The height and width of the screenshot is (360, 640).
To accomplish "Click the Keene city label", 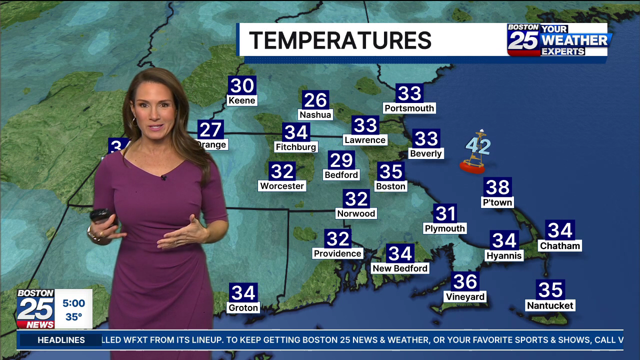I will pos(242,100).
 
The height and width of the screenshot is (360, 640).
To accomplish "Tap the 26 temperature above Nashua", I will pos(315,100).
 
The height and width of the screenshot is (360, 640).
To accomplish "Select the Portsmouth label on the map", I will pos(409,108).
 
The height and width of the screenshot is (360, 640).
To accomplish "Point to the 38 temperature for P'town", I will pos(497,187).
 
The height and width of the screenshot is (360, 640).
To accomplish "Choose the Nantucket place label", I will pos(550,305).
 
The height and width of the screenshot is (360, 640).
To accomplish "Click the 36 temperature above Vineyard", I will pos(465,281).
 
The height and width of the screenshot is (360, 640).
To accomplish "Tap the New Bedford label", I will pos(400,268).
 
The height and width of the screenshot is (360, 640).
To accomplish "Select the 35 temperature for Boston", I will pos(390,171).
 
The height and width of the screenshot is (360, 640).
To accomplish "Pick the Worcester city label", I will pos(282,186).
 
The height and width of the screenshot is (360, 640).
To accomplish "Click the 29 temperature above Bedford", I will pos(341,160).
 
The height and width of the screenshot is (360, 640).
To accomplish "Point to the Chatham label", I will pos(560,246).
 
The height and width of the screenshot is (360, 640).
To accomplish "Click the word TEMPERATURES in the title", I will pos(340,40).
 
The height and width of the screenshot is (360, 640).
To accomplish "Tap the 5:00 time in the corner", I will pos(73,303).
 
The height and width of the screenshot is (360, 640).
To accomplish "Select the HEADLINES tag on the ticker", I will pos(61,340).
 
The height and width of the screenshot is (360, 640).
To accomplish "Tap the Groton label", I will pos(243,308).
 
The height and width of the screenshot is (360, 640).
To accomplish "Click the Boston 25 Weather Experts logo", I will pos(559,40).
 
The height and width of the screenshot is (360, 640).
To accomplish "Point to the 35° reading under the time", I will pos(73,317).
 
